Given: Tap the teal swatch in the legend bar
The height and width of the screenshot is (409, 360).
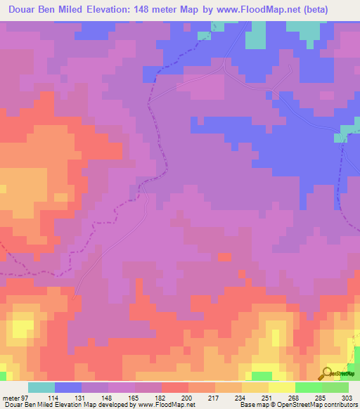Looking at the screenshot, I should pos(41,387).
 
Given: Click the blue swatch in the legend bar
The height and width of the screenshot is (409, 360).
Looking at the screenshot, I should pos(68,387).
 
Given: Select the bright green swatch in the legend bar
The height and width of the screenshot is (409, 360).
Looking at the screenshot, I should pos(309,387).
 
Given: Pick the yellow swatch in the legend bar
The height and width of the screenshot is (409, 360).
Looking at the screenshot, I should pos(282,387).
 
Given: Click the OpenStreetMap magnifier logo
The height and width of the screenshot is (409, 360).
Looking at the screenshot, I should pos(327,373).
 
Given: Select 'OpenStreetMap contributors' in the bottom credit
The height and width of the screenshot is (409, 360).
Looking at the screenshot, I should pos(321,405).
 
